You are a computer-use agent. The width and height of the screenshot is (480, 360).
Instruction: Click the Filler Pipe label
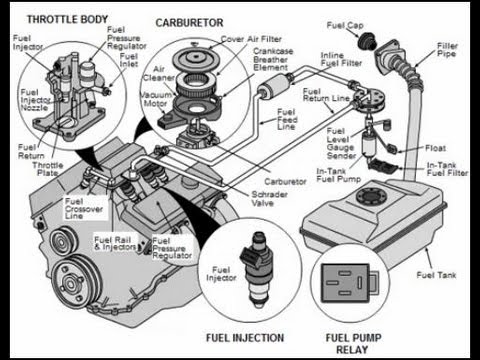[x=448, y=49]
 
